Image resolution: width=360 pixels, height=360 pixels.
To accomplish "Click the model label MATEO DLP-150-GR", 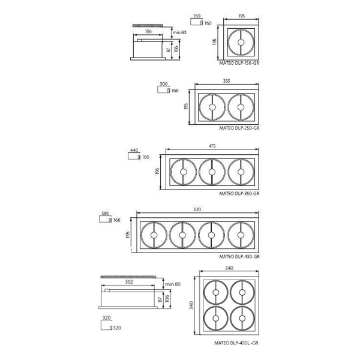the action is [x=239, y=63].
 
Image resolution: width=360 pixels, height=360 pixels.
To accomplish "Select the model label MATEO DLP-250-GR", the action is [x=239, y=128].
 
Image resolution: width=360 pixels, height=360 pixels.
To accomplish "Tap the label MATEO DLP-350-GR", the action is [x=239, y=194].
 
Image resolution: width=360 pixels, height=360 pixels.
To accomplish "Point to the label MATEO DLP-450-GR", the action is [x=239, y=256].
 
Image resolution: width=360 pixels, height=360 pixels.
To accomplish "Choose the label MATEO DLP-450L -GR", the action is [x=236, y=343].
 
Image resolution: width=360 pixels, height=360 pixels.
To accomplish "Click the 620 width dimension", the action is [x=197, y=209].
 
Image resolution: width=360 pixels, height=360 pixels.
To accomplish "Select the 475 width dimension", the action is [x=212, y=146].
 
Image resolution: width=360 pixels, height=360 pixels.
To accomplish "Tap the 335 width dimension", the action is [x=226, y=81].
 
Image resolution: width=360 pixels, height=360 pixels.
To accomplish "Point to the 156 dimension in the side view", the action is [x=148, y=31].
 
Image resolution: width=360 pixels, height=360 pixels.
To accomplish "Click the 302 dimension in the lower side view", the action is [x=129, y=282].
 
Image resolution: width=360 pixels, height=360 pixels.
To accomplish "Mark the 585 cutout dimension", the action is [x=105, y=214].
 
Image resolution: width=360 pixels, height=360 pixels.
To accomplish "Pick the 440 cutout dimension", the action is [x=134, y=151].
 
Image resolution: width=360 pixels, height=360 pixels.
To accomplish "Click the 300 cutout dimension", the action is [x=163, y=84].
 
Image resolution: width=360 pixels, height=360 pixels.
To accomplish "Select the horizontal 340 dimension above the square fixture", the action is [x=229, y=268].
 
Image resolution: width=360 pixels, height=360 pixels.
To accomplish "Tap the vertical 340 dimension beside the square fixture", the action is [x=191, y=305].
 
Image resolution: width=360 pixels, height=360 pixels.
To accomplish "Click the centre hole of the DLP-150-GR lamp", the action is [x=241, y=43].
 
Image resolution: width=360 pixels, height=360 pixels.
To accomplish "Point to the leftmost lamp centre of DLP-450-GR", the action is [x=154, y=235].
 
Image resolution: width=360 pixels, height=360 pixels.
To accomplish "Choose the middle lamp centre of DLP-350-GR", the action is [x=212, y=172].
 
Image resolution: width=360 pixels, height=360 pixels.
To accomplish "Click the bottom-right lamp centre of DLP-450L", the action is [x=242, y=318].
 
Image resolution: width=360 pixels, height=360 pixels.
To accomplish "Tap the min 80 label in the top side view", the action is [x=179, y=32].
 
